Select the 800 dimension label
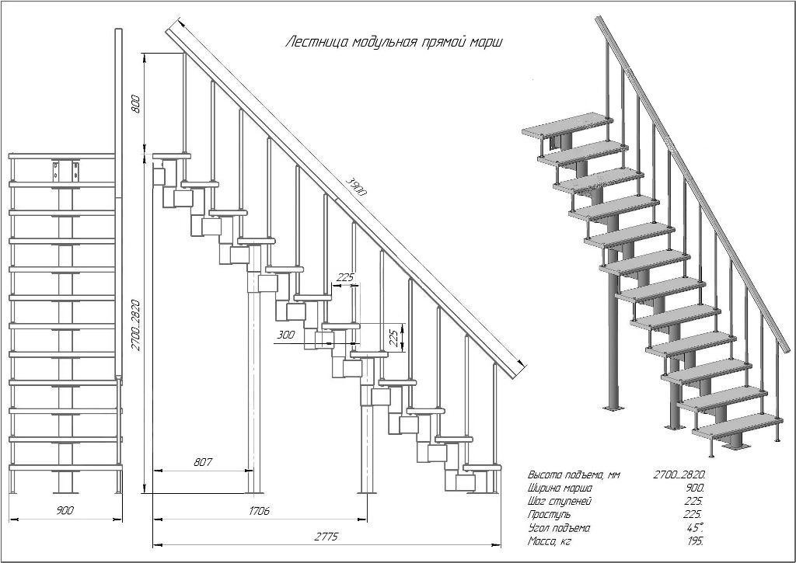point(136,104)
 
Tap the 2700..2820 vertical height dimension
point(136,323)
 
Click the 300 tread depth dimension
point(286,335)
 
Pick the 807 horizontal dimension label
point(201,462)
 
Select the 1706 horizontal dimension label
point(260,512)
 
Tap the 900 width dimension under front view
point(65,510)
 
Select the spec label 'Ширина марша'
point(560,488)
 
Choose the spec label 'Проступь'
point(549,514)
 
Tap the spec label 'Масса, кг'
point(550,541)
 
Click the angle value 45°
point(694,528)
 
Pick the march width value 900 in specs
point(694,488)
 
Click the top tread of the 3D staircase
point(566,124)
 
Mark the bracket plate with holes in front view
point(65,171)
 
